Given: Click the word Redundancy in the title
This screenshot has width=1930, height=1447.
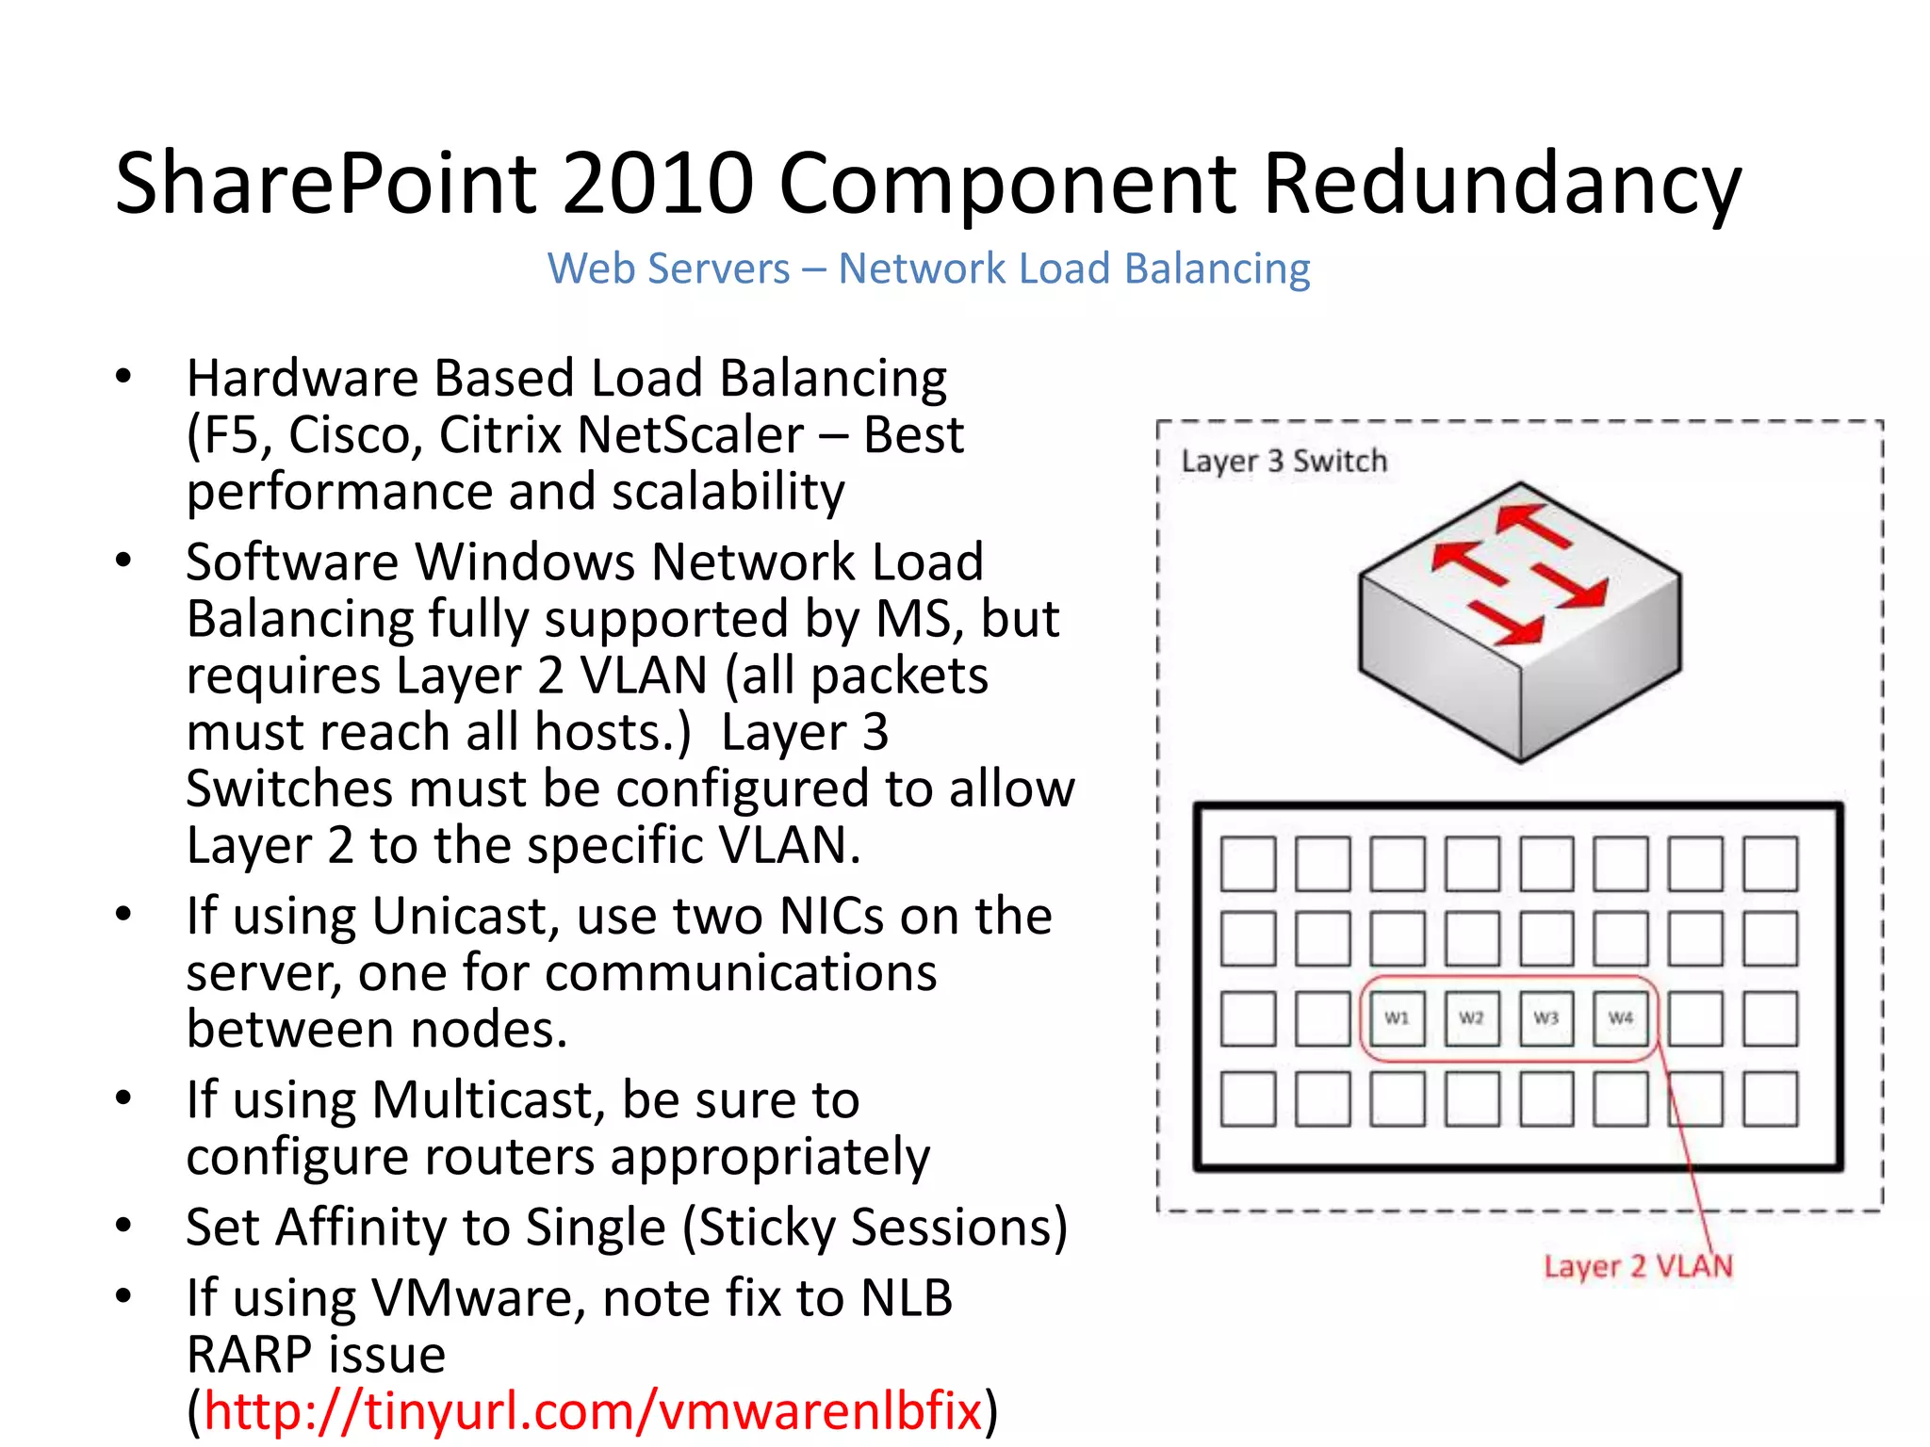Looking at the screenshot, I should tap(1502, 183).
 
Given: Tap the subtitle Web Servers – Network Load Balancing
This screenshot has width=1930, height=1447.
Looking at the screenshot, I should tap(928, 268).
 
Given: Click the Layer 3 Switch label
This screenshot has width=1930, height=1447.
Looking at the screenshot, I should tap(1284, 461).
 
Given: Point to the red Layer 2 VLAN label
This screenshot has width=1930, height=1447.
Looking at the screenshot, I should tap(1638, 1265).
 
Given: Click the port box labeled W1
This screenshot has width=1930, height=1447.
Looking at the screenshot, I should tap(1397, 1018).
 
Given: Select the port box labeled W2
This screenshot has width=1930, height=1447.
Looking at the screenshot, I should tap(1471, 1018).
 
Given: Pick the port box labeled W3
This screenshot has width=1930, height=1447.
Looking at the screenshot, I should tap(1546, 1018).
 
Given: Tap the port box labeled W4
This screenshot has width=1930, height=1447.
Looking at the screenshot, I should tap(1621, 1018).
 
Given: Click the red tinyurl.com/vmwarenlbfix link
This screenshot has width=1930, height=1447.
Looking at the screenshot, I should tap(593, 1410).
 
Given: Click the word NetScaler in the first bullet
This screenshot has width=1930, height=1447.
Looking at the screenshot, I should tap(691, 435).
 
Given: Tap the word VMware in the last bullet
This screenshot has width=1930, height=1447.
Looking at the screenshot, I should tap(480, 1298).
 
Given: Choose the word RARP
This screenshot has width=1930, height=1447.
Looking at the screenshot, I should tap(250, 1355).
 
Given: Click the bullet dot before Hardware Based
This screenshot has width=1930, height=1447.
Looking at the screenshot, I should tap(123, 377).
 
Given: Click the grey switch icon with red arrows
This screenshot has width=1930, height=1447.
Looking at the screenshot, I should tap(1519, 622).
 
